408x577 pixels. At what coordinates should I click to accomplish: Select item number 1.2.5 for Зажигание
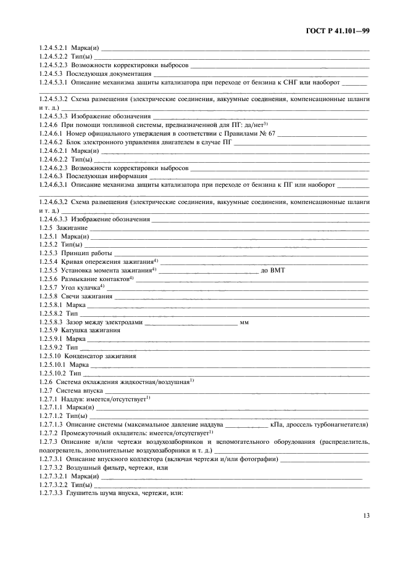[x=46, y=227]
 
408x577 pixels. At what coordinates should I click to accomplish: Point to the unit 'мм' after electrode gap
[x=244, y=321]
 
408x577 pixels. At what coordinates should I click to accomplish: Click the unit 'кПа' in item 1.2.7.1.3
[x=277, y=424]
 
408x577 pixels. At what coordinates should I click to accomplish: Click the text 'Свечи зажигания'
[x=86, y=296]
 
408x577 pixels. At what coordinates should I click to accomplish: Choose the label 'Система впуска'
[x=81, y=390]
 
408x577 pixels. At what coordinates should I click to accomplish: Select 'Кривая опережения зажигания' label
[x=106, y=262]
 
